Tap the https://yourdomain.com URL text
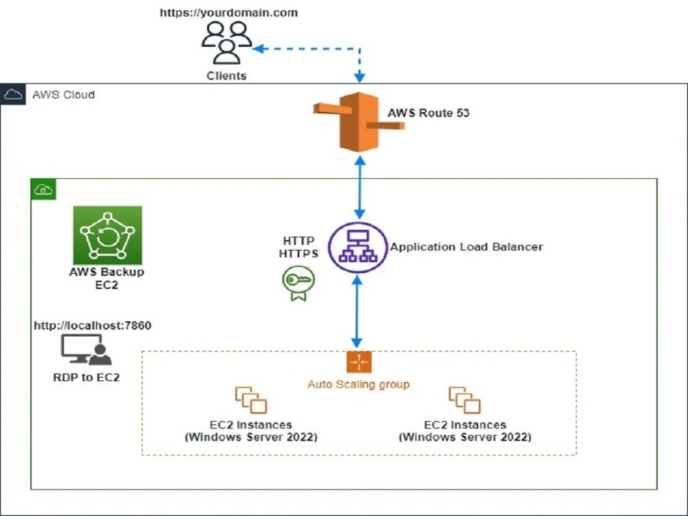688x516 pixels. tap(229, 12)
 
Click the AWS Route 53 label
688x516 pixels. tap(428, 113)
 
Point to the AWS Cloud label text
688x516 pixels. tap(63, 94)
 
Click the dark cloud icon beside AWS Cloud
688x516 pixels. tap(13, 94)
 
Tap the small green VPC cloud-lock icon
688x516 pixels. tap(43, 190)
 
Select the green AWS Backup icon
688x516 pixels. tap(107, 235)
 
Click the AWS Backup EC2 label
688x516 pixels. tap(107, 278)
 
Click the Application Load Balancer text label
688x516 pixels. tap(466, 247)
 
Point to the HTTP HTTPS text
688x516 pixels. tap(298, 248)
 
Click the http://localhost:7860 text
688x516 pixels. tap(92, 325)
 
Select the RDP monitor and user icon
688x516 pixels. tap(86, 350)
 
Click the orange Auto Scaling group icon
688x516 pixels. tap(358, 363)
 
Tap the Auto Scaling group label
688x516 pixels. tap(358, 384)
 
